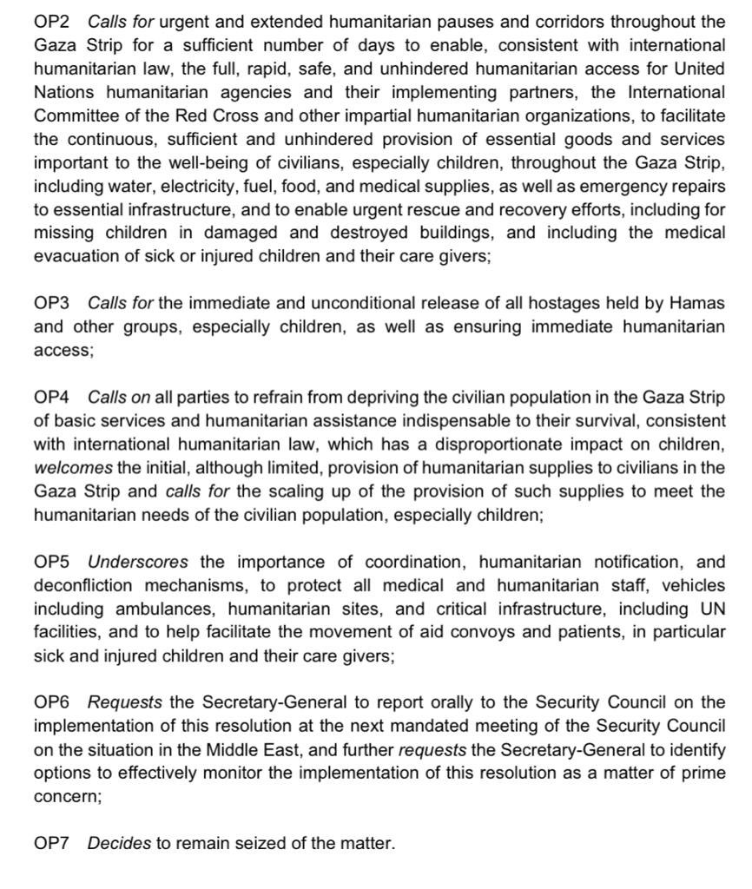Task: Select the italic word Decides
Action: (x=119, y=843)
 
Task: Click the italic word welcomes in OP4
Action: (x=73, y=468)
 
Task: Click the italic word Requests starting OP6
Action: (x=124, y=702)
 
